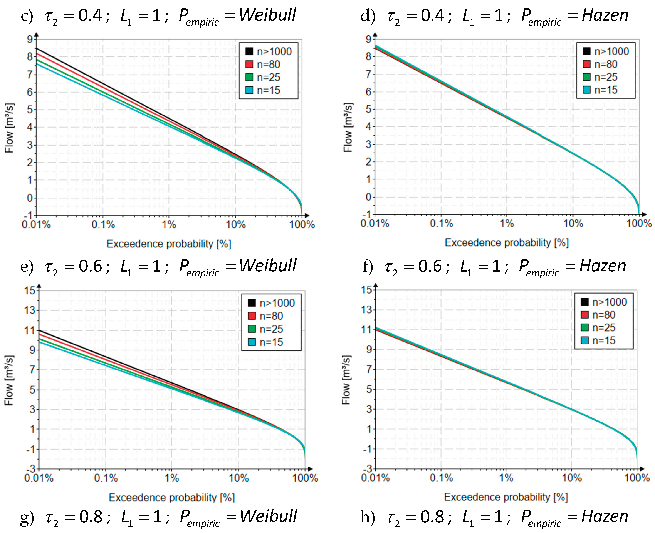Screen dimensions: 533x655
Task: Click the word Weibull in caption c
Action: pyautogui.click(x=267, y=15)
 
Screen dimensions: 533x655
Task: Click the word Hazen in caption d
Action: pyautogui.click(x=605, y=15)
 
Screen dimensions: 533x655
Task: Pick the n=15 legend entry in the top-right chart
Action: pyautogui.click(x=605, y=90)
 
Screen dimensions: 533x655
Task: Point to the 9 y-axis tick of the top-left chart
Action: pyautogui.click(x=30, y=39)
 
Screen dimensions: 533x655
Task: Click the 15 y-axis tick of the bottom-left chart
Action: pyautogui.click(x=30, y=290)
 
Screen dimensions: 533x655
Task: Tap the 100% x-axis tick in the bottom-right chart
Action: pyautogui.click(x=637, y=478)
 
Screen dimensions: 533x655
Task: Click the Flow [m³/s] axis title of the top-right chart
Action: pyautogui.click(x=348, y=127)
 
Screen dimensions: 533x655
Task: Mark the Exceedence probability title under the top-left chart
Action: pyautogui.click(x=168, y=244)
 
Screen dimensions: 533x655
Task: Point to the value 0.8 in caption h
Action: pyautogui.click(x=432, y=517)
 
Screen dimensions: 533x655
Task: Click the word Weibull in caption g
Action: pyautogui.click(x=268, y=516)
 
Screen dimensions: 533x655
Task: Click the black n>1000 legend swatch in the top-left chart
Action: pyautogui.click(x=249, y=51)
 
